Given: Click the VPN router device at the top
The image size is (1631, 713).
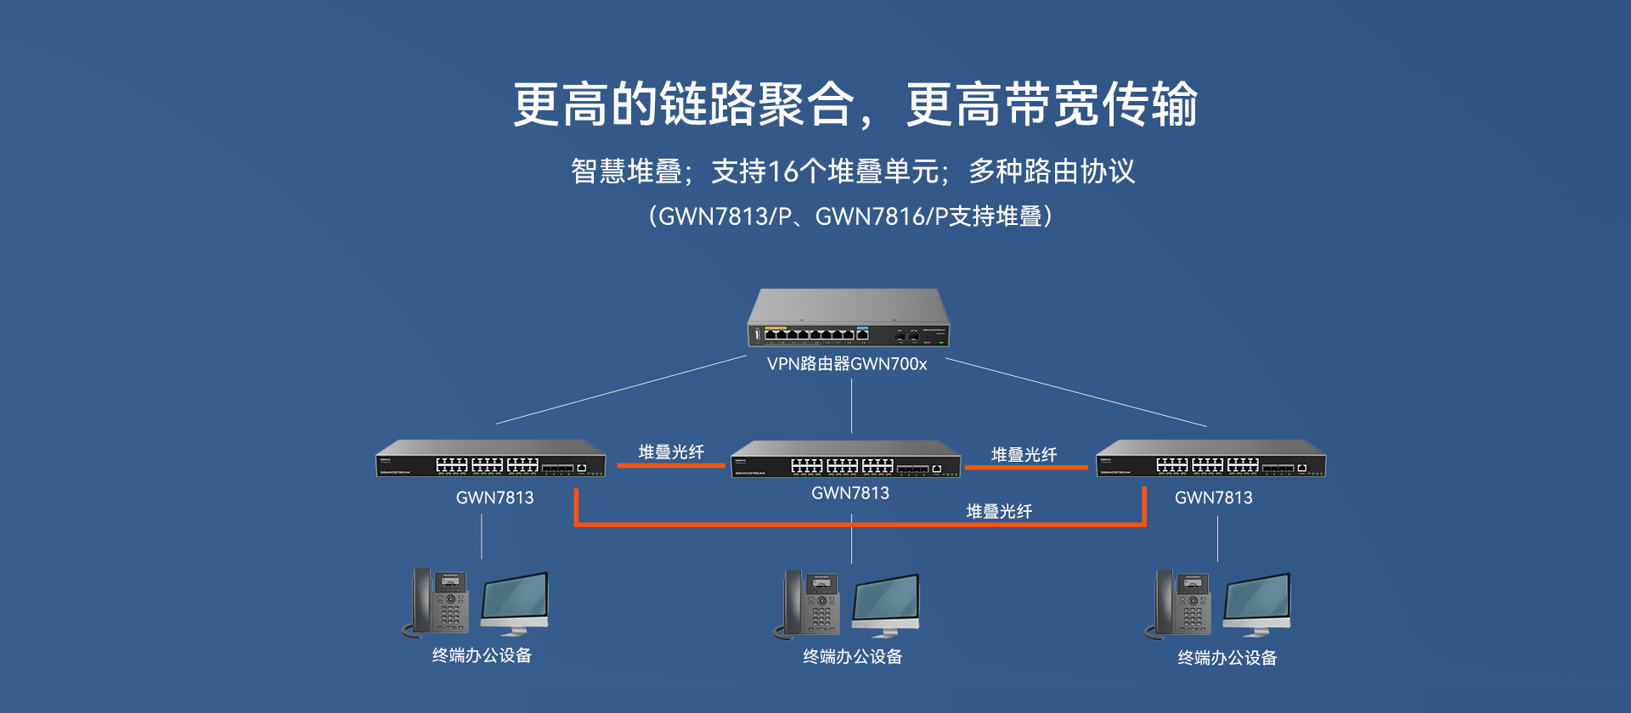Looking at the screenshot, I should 848,319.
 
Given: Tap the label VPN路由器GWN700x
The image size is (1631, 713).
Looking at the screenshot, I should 847,364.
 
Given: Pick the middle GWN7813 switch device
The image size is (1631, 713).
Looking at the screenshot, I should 846,460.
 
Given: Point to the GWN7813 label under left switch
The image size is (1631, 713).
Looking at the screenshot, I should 494,498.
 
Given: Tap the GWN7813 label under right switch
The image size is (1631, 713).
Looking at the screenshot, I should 1213,498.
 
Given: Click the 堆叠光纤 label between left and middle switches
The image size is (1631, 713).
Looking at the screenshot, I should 671,452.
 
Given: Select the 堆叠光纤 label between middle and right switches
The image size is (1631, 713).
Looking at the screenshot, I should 1024,454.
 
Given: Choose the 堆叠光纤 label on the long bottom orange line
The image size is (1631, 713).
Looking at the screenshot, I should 999,511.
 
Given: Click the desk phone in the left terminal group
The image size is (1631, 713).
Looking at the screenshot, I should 437,603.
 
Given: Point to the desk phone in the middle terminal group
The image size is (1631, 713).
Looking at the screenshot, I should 809,604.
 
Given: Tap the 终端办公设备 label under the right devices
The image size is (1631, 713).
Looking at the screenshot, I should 1227,658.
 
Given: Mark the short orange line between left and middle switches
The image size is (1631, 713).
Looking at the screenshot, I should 671,465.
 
